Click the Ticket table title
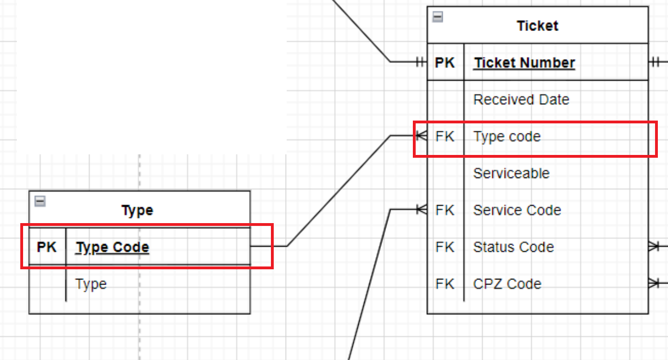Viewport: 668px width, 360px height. pyautogui.click(x=537, y=26)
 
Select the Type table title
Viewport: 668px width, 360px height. pyautogui.click(x=137, y=211)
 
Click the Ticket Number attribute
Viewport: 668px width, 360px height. pyautogui.click(x=524, y=63)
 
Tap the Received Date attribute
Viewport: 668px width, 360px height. pyautogui.click(x=521, y=100)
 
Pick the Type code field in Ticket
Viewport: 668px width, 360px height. pyautogui.click(x=507, y=136)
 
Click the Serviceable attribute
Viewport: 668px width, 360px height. pyautogui.click(x=511, y=173)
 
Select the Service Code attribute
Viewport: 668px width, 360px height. pyautogui.click(x=517, y=210)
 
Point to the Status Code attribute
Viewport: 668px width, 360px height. pyautogui.click(x=513, y=247)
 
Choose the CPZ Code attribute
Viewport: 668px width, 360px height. pyautogui.click(x=507, y=284)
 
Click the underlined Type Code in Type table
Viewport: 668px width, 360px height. pyautogui.click(x=113, y=247)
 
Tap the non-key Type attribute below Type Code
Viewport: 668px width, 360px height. pyautogui.click(x=91, y=284)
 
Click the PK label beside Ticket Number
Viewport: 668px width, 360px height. pyautogui.click(x=445, y=63)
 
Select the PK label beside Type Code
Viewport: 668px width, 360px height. pyautogui.click(x=47, y=247)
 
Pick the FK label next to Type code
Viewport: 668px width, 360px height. pyautogui.click(x=445, y=136)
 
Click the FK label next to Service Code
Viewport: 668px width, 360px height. pyautogui.click(x=445, y=210)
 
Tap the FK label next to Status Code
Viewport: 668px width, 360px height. pyautogui.click(x=445, y=247)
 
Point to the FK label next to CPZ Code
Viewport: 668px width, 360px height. pyautogui.click(x=445, y=284)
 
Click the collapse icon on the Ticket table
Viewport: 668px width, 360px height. pyautogui.click(x=438, y=17)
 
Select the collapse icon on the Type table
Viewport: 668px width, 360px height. pyautogui.click(x=39, y=201)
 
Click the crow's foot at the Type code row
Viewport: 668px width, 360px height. pyautogui.click(x=421, y=136)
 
